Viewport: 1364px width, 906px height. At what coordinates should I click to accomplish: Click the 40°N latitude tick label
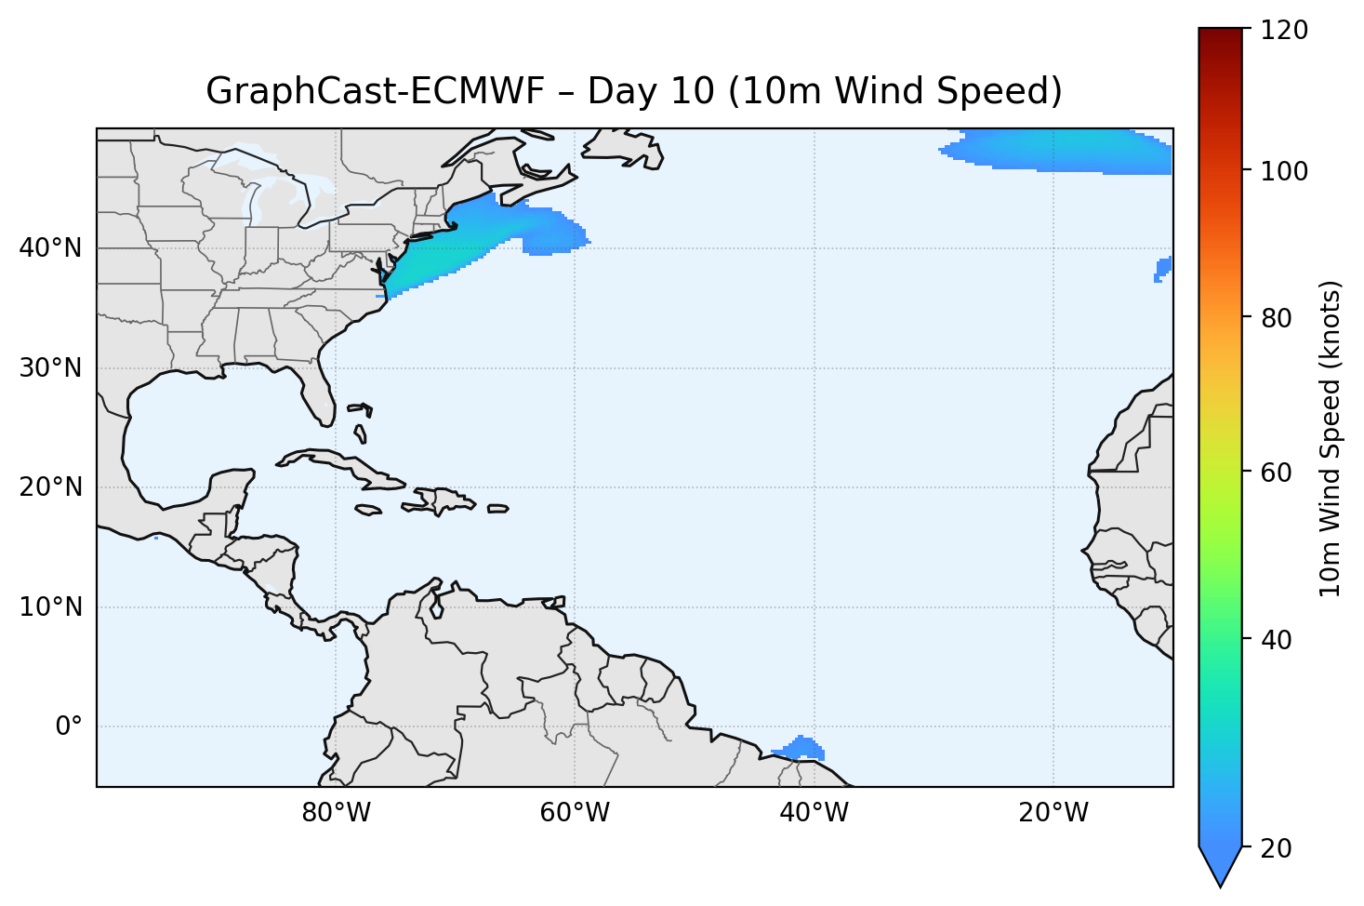tap(50, 248)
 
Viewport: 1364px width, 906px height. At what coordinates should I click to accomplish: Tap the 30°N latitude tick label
tap(50, 368)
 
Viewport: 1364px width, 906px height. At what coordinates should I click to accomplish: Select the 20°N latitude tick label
tap(50, 487)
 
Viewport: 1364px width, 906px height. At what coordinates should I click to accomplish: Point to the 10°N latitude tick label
tap(50, 607)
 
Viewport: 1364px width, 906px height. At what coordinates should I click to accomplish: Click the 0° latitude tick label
tap(68, 726)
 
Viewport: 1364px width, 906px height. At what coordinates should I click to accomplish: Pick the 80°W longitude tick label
tap(336, 813)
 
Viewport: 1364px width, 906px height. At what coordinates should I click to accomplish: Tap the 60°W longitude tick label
tap(575, 813)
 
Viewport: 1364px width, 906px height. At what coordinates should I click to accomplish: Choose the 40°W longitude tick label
tap(814, 813)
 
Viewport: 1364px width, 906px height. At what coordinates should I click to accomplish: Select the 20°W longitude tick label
tap(1053, 813)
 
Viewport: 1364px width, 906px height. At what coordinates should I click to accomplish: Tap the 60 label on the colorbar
tap(1278, 473)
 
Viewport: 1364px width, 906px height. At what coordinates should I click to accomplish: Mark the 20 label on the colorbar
tap(1278, 848)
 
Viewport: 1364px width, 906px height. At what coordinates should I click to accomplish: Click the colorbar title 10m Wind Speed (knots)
tap(1331, 438)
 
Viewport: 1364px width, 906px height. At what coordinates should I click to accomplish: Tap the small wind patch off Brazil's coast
tap(801, 749)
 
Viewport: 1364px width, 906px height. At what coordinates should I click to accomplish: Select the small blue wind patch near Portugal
tap(1162, 269)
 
